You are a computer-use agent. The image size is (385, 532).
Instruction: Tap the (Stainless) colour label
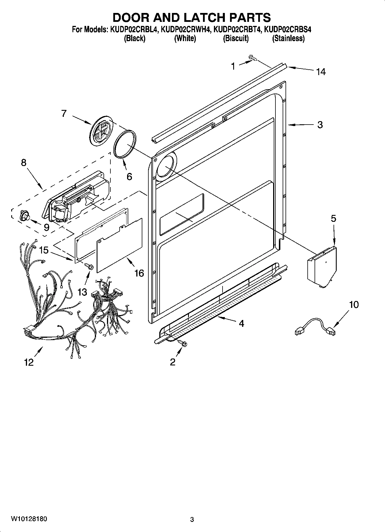click(288, 38)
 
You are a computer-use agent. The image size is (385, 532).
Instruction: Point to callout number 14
click(321, 72)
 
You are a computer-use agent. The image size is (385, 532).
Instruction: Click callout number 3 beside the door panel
click(320, 125)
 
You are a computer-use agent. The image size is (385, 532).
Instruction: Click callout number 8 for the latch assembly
click(24, 163)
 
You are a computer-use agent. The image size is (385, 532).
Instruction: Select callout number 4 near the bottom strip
click(241, 323)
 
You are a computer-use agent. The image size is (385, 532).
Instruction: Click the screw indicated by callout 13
click(89, 267)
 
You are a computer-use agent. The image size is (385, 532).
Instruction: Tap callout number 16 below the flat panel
click(139, 273)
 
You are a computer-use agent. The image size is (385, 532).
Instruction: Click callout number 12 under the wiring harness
click(29, 362)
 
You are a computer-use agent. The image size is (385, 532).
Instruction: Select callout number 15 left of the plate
click(44, 250)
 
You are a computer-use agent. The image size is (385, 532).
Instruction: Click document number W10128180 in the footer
click(29, 519)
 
